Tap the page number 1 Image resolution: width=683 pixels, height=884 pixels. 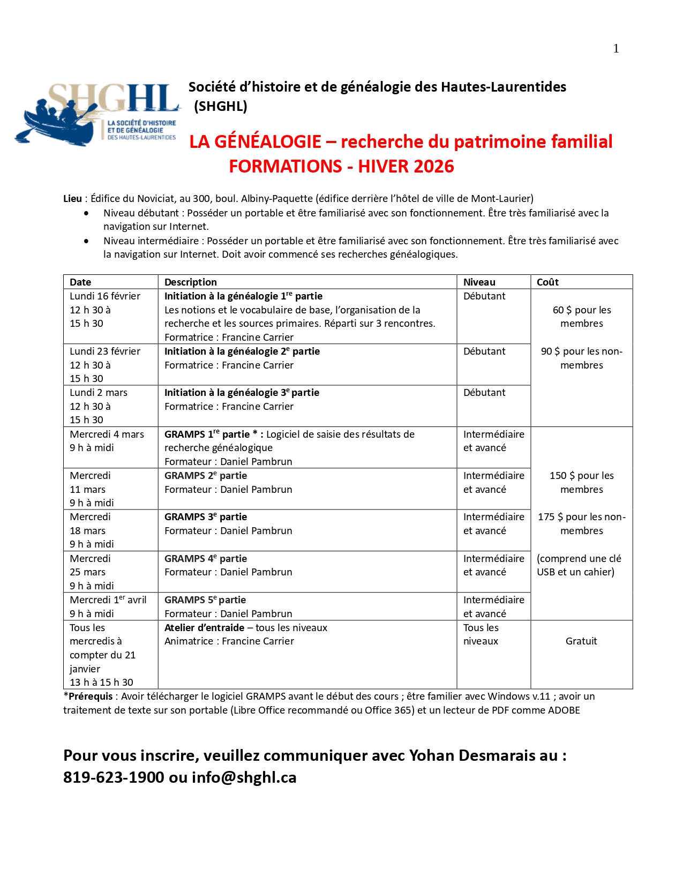pos(616,49)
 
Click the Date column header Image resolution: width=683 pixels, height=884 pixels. pos(80,282)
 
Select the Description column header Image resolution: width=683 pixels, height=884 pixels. pos(190,282)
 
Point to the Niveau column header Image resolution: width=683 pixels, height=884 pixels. pos(479,282)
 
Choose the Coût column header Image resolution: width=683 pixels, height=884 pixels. pos(547,282)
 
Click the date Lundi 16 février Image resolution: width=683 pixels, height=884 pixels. pos(105,296)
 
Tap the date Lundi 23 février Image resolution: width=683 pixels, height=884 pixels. pos(105,351)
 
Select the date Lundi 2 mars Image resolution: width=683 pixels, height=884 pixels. pos(99,393)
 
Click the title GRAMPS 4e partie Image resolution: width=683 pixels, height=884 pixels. pos(206,559)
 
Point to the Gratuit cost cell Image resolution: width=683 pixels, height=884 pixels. pos(581,641)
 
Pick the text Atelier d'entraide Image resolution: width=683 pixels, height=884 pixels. pos(204,628)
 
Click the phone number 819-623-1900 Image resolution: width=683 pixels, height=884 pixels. pos(114,777)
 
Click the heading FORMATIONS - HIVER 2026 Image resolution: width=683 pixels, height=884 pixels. pos(341,167)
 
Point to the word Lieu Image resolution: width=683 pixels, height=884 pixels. pos(72,199)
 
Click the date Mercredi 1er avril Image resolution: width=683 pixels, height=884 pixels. pos(108,600)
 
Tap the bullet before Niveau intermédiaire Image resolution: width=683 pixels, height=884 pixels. pos(86,241)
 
